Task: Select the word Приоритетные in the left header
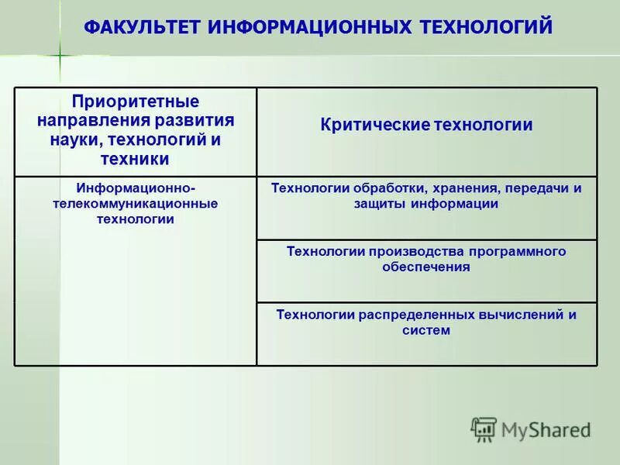pyautogui.click(x=136, y=102)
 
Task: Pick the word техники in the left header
pyautogui.click(x=135, y=160)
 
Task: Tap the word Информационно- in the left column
pyautogui.click(x=136, y=188)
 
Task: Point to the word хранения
pyautogui.click(x=458, y=188)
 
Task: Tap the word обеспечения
pyautogui.click(x=426, y=267)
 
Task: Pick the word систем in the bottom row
pyautogui.click(x=426, y=330)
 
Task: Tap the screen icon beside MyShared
pyautogui.click(x=484, y=429)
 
